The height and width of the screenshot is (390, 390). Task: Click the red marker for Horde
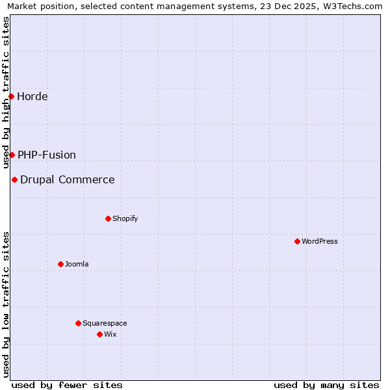[11, 97]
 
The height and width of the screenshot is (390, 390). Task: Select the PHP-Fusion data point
[12, 155]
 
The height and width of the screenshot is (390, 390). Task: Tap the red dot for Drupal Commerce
[14, 179]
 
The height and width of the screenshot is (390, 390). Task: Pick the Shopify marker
[108, 218]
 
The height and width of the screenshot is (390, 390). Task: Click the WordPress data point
[297, 241]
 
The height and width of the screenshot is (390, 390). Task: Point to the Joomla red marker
[60, 264]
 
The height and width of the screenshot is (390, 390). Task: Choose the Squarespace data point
[78, 323]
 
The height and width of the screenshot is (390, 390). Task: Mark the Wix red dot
[99, 334]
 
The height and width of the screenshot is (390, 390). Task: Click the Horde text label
[32, 97]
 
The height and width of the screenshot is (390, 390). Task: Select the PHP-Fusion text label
[47, 155]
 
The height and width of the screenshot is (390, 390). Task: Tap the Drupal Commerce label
[68, 179]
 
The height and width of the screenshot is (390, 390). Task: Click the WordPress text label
[320, 241]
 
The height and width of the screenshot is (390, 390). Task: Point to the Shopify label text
[125, 218]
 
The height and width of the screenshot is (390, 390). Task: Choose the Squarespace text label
[105, 323]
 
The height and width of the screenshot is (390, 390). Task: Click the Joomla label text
[77, 264]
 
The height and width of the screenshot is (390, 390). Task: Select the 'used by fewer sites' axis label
[67, 385]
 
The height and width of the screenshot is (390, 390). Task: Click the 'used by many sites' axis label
[326, 385]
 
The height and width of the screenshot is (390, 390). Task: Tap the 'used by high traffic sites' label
[6, 92]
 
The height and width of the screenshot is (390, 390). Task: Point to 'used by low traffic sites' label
[6, 304]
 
